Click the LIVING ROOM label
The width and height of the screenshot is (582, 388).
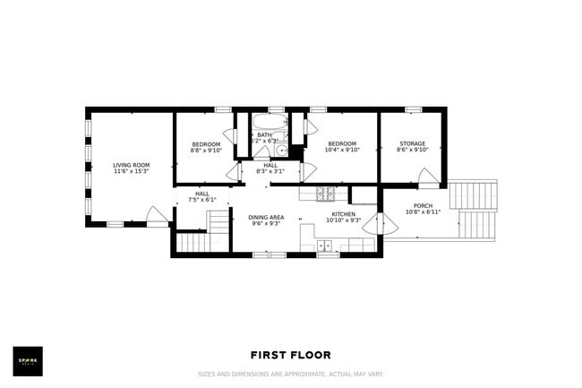click(x=131, y=165)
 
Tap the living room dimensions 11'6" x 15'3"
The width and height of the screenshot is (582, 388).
click(x=131, y=172)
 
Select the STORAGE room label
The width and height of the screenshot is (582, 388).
click(x=412, y=143)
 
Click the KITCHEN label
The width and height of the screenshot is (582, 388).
click(x=344, y=214)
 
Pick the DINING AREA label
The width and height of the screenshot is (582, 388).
click(x=266, y=217)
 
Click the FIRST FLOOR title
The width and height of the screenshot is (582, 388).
click(x=290, y=355)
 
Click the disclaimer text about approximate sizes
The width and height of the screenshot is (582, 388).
click(x=290, y=374)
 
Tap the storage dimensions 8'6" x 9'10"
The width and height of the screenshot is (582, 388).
click(x=412, y=151)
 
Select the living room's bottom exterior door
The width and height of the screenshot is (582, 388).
click(x=157, y=216)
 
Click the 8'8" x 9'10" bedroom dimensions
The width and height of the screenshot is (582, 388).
click(x=206, y=151)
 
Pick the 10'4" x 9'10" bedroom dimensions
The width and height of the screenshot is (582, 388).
click(x=342, y=151)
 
